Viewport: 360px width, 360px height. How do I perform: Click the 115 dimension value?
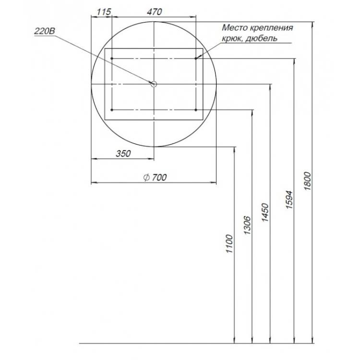point(104,12)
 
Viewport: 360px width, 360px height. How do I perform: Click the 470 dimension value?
point(155,12)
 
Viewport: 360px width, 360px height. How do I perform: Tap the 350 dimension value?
point(123,154)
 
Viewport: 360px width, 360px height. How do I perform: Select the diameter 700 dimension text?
point(155,177)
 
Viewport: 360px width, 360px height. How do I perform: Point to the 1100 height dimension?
point(229,243)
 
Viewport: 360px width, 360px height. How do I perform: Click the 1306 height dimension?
point(248,225)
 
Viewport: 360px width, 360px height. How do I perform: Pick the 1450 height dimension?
point(265,212)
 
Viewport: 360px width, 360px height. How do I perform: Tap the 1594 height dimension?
point(289,200)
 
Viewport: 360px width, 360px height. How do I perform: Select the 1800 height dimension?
point(307,180)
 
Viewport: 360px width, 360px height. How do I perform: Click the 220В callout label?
point(45,31)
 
